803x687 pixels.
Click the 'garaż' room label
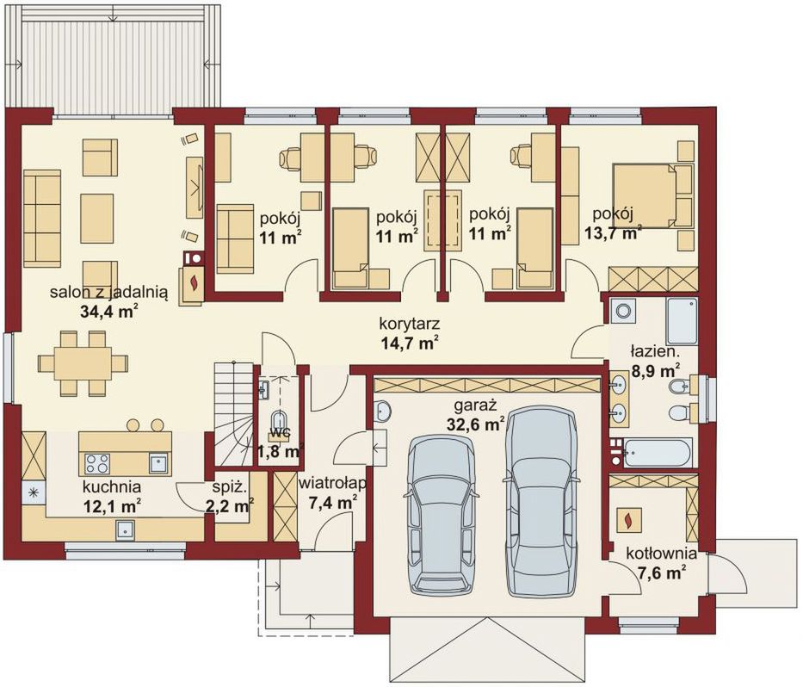coord(476,405)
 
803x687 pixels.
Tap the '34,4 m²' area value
coord(109,311)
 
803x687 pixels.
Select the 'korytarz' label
coord(410,324)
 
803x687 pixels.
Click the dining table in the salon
coord(83,363)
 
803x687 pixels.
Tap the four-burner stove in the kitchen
coord(97,463)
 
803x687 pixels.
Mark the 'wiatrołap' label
coord(333,484)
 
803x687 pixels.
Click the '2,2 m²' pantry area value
coord(230,506)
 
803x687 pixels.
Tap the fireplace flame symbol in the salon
coord(194,283)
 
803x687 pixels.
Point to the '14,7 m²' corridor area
coord(410,343)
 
